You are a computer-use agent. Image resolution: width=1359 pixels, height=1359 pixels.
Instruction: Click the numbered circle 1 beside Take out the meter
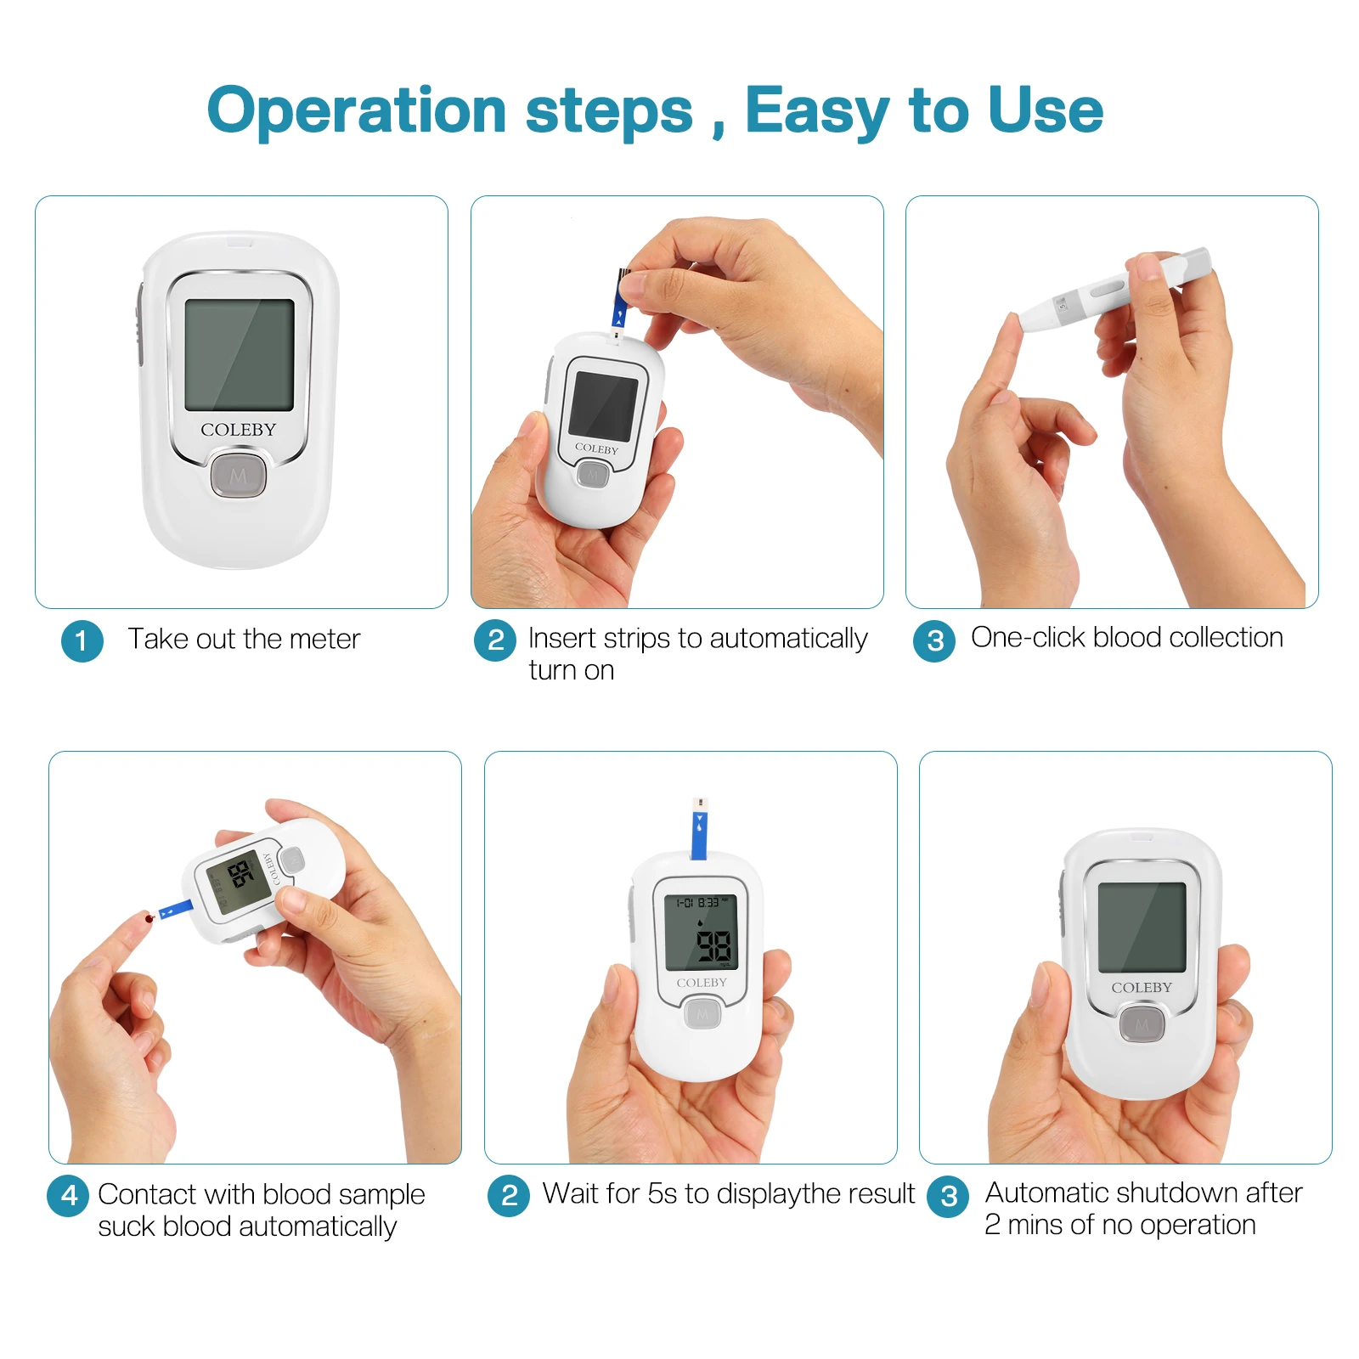(x=82, y=641)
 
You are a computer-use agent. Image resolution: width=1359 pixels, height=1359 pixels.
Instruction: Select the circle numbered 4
(x=69, y=1196)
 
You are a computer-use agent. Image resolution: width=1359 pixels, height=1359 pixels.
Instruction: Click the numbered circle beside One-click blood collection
(x=934, y=641)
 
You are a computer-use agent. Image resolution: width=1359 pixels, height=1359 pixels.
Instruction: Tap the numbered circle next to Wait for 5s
(x=508, y=1196)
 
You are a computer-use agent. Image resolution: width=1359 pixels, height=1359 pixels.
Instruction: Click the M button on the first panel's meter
(x=239, y=476)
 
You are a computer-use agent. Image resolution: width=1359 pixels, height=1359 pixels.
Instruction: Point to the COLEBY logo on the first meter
(x=239, y=430)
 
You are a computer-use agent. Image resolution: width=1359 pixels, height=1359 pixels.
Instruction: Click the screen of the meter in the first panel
(x=240, y=355)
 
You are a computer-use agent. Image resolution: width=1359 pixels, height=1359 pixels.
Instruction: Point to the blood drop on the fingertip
(x=149, y=917)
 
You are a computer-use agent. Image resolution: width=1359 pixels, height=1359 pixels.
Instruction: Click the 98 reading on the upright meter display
(x=713, y=945)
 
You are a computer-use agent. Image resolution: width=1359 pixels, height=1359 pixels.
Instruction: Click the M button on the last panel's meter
(x=1142, y=1025)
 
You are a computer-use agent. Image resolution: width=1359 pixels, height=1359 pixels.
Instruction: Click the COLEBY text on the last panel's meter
(x=1142, y=987)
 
